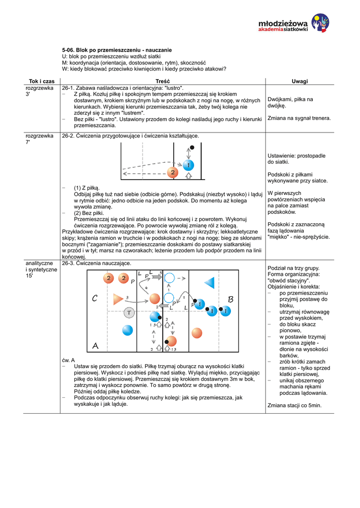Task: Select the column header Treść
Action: click(x=162, y=81)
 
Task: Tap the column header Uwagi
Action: click(x=300, y=81)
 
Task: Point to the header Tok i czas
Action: click(x=42, y=81)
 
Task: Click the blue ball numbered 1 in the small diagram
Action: click(x=188, y=164)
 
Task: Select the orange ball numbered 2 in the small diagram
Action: click(x=172, y=172)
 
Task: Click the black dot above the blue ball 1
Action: click(x=192, y=147)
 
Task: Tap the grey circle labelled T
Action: click(x=129, y=313)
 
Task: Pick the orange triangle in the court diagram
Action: click(x=118, y=299)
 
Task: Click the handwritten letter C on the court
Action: click(x=95, y=299)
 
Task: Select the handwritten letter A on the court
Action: click(x=95, y=345)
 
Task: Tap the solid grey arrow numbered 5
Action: click(x=156, y=277)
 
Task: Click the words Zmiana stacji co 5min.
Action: click(x=294, y=405)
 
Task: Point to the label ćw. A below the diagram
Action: click(x=68, y=360)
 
